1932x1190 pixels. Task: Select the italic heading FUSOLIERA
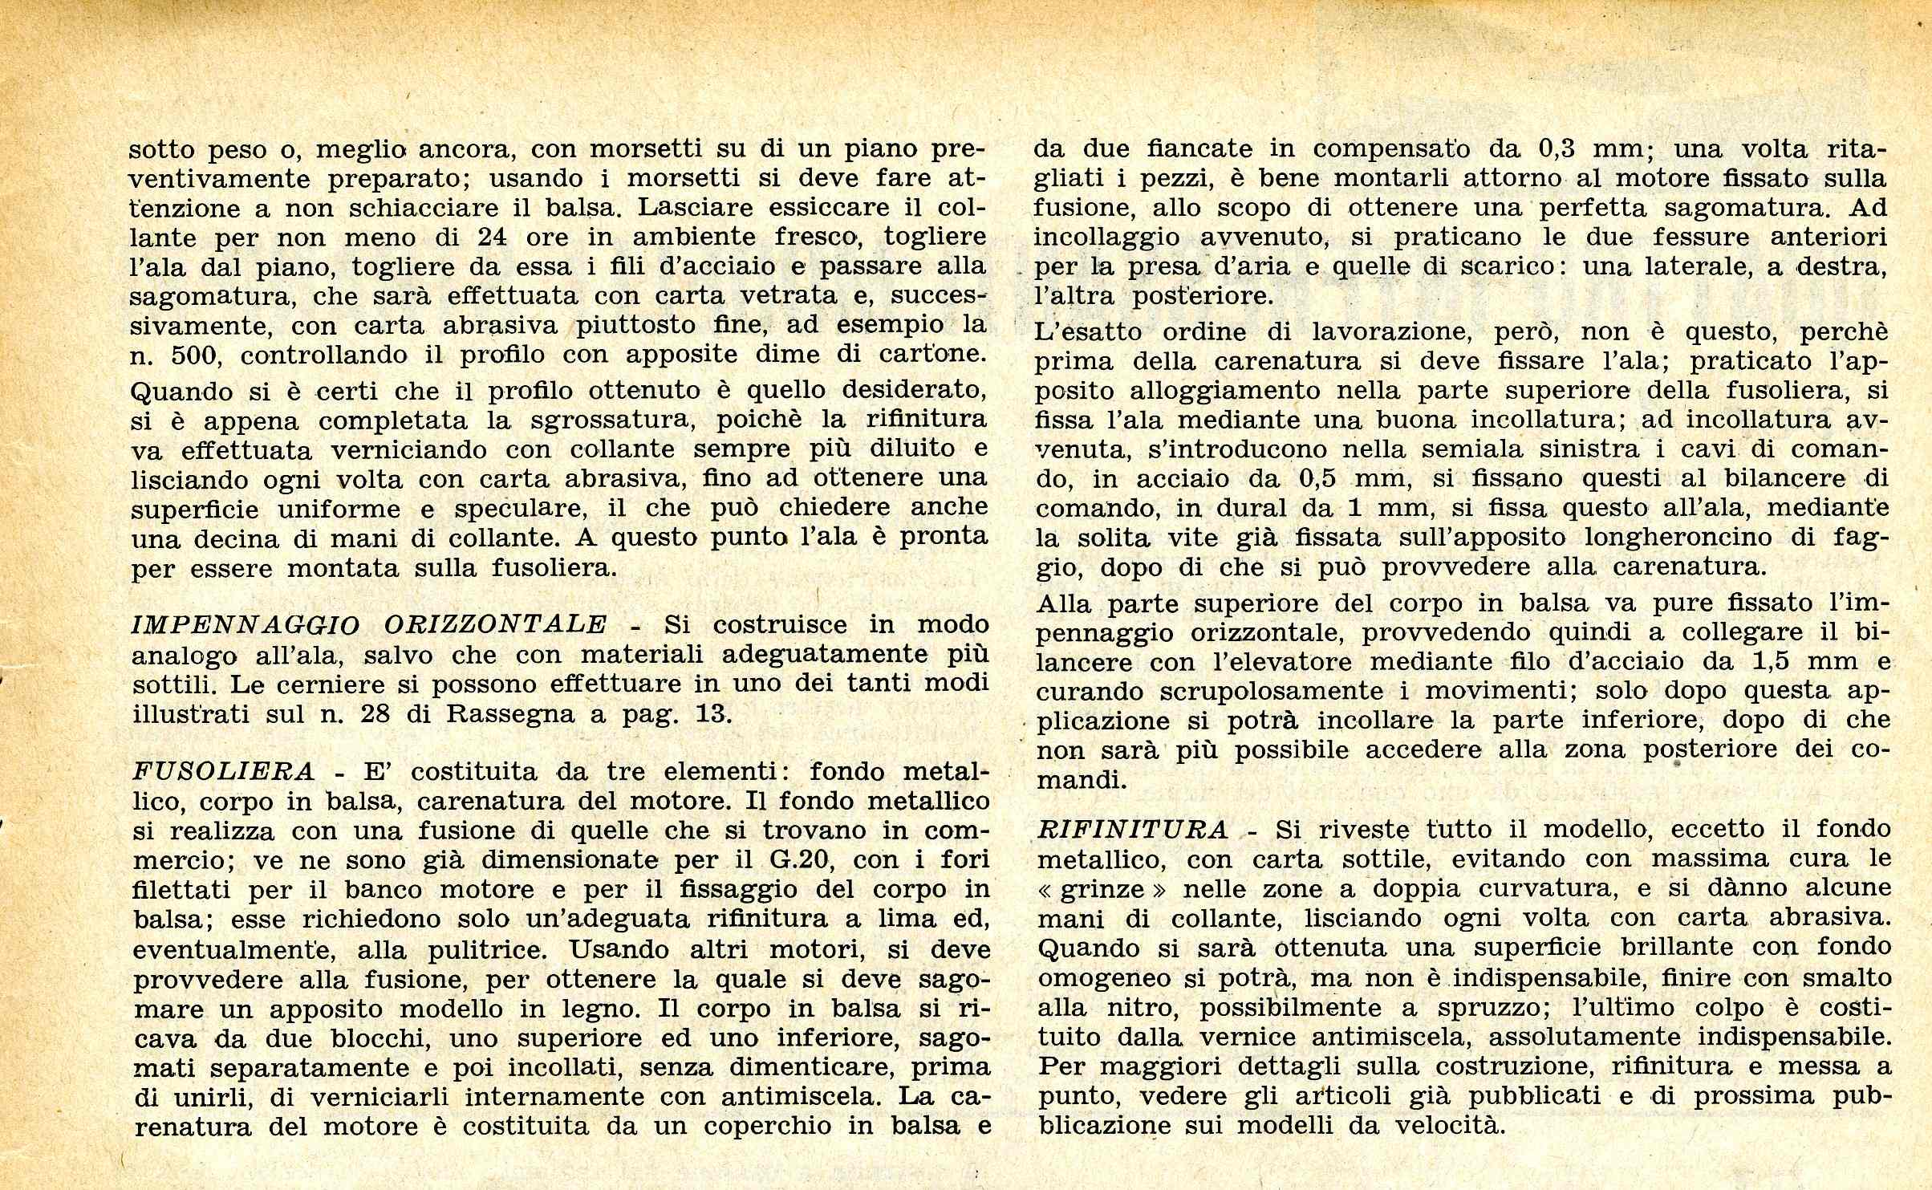[x=223, y=771]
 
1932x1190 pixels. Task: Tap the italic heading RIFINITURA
[x=1132, y=829]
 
